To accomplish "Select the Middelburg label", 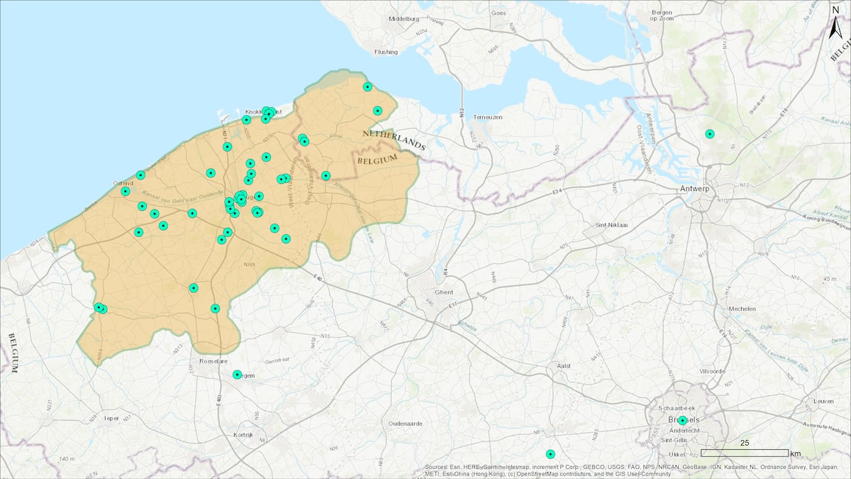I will (x=405, y=19).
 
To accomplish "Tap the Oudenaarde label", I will (x=406, y=423).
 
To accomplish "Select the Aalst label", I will (x=564, y=365).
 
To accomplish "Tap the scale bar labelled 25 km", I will (x=745, y=453).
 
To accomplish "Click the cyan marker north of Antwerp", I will (x=709, y=134).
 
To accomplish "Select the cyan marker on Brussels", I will (x=682, y=420).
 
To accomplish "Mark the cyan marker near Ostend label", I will (x=126, y=191).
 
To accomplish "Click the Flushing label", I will (x=386, y=52).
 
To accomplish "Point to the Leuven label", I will (x=823, y=401).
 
